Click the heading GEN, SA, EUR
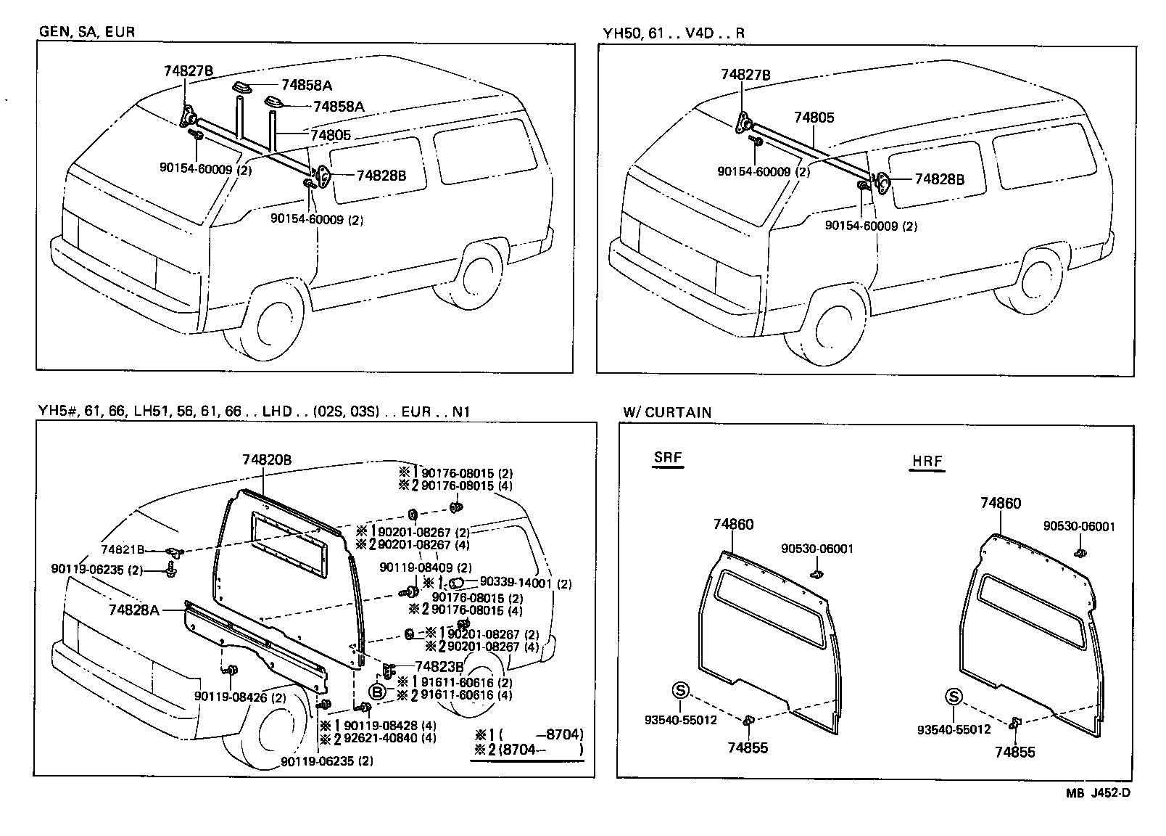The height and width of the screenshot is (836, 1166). pos(86,32)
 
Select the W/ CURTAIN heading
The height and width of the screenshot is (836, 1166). pos(666,412)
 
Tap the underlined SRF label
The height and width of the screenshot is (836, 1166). pos(668,458)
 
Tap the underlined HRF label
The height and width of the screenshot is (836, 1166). pos(926,462)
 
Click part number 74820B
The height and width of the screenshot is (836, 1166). pos(267,459)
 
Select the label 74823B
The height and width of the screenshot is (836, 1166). pos(439,666)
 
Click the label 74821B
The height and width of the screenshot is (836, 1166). pos(123,549)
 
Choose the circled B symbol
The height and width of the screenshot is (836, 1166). pos(377,691)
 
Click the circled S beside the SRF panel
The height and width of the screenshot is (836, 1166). pos(679,689)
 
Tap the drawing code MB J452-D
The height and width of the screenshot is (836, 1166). pos(1097,792)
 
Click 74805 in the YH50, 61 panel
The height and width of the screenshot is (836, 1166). pos(814,118)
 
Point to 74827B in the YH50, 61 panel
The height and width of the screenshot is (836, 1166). pos(745,75)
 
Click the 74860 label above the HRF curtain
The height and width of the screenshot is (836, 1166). pos(1001,503)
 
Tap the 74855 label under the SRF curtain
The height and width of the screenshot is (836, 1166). pos(748,747)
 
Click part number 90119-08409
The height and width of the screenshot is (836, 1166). pos(426,567)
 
